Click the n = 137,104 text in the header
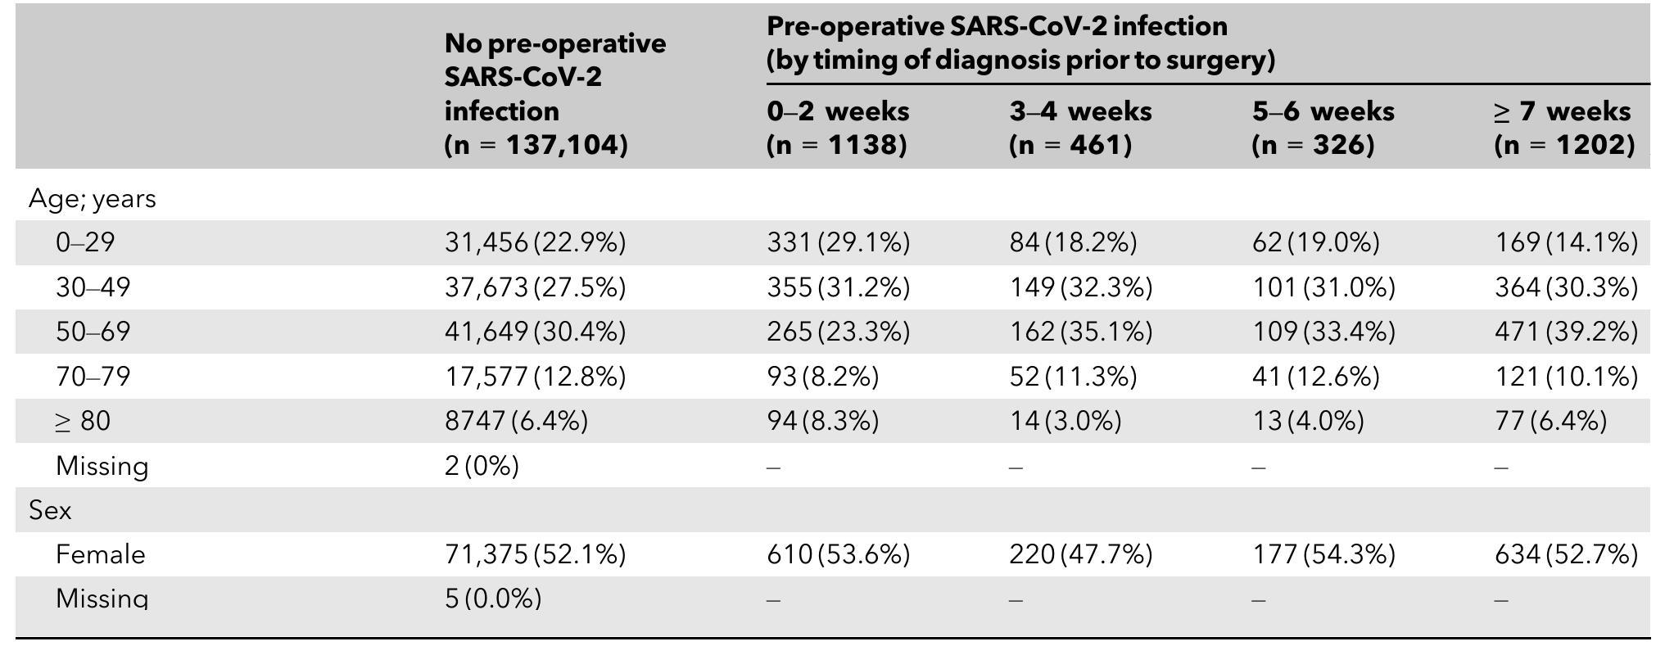536,145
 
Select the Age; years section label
92,199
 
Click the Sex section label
50,511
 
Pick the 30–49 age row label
93,287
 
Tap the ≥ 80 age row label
83,421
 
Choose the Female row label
100,555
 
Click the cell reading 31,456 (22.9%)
535,242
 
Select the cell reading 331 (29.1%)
838,242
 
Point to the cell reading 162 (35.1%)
1080,332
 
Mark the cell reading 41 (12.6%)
1315,377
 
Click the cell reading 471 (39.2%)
1566,332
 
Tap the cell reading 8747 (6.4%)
516,421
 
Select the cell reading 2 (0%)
482,466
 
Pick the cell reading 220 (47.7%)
1080,555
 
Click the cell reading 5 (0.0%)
492,599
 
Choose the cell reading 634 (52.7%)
1566,555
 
